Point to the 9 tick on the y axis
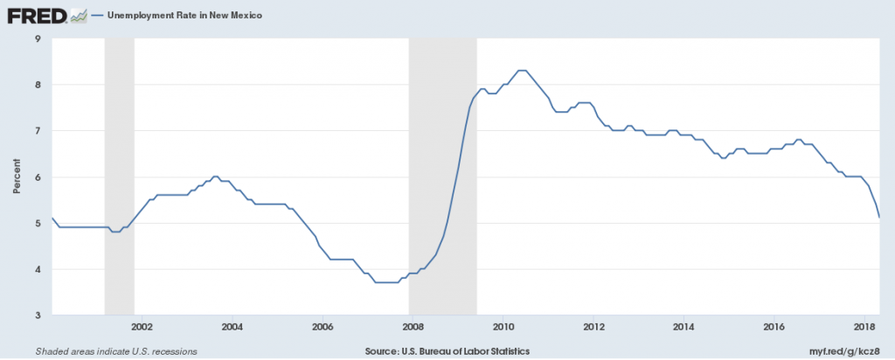[x=38, y=38]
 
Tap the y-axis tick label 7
[x=38, y=131]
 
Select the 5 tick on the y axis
[x=38, y=224]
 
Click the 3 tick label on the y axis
[x=38, y=315]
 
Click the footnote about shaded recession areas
[x=115, y=350]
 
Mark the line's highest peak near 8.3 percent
[x=522, y=70]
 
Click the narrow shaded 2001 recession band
[x=119, y=175]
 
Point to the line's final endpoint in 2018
[x=878, y=218]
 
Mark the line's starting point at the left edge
[x=52, y=218]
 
